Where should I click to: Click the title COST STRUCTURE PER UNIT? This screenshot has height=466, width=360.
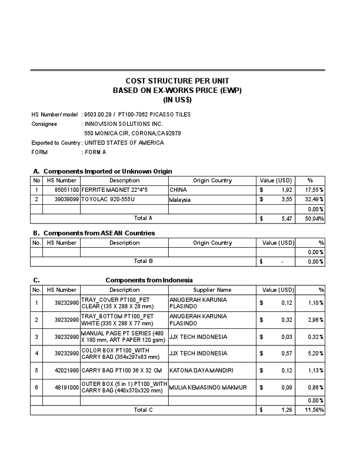177,81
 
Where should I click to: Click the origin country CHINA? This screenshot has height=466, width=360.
178,190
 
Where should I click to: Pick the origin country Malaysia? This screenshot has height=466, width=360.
181,199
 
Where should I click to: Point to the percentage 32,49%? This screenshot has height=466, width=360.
314,199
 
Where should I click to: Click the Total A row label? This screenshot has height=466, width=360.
143,218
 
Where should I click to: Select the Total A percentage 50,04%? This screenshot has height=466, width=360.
314,218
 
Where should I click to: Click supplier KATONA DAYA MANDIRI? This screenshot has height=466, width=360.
198,370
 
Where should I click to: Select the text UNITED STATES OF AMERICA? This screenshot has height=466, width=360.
124,143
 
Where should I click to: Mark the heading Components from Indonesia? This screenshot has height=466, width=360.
149,280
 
